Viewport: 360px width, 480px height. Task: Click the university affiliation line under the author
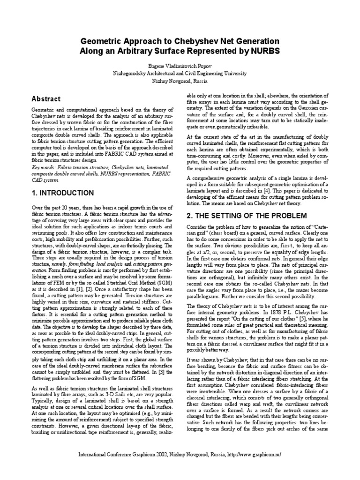click(x=180, y=73)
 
